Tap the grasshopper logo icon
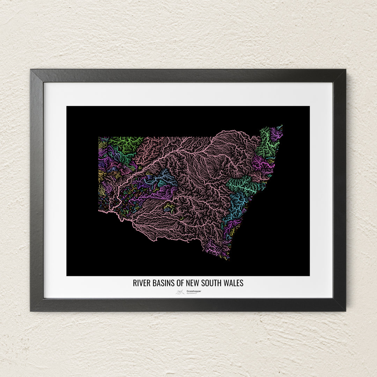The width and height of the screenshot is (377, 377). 180,292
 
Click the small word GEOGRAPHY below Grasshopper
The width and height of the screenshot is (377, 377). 192,294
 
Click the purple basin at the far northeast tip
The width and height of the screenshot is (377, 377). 276,133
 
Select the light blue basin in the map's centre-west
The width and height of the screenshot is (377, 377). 164,178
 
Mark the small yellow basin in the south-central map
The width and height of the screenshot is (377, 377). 169,208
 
